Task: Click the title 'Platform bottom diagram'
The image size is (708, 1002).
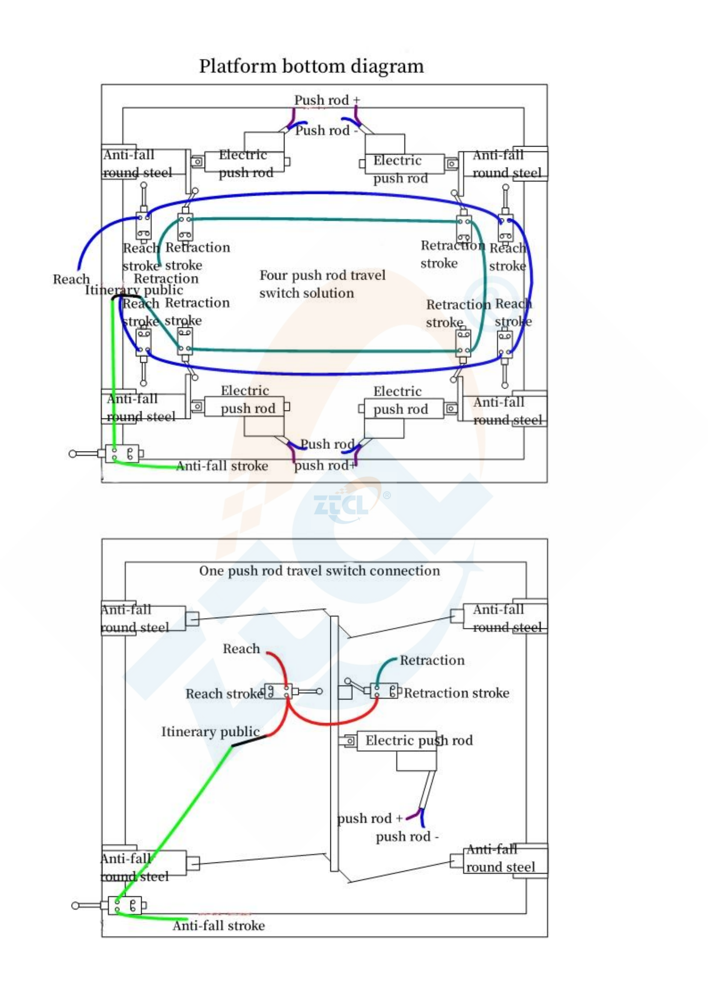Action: [311, 66]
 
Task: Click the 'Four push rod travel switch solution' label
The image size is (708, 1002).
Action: [322, 284]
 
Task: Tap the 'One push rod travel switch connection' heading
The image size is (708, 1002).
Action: [319, 571]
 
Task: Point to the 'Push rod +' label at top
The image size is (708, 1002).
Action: [327, 100]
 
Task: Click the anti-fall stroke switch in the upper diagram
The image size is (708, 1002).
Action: [122, 454]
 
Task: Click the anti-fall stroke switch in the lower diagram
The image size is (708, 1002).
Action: [125, 906]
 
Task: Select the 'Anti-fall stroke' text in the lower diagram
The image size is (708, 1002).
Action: [218, 926]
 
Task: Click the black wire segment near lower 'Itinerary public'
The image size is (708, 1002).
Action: [249, 741]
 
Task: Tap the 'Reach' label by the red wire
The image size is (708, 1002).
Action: [241, 649]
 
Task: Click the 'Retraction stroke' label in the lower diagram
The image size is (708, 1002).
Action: [456, 693]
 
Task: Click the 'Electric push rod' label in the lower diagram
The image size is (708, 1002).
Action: [419, 741]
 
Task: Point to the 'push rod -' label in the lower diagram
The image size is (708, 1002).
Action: [407, 837]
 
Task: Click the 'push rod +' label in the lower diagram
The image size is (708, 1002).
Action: [369, 819]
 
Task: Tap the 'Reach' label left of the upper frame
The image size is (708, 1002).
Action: [71, 279]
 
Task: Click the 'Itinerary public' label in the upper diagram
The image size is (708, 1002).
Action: [134, 290]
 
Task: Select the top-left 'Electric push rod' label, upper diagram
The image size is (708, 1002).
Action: [245, 164]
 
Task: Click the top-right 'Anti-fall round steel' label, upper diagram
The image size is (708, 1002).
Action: [506, 164]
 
